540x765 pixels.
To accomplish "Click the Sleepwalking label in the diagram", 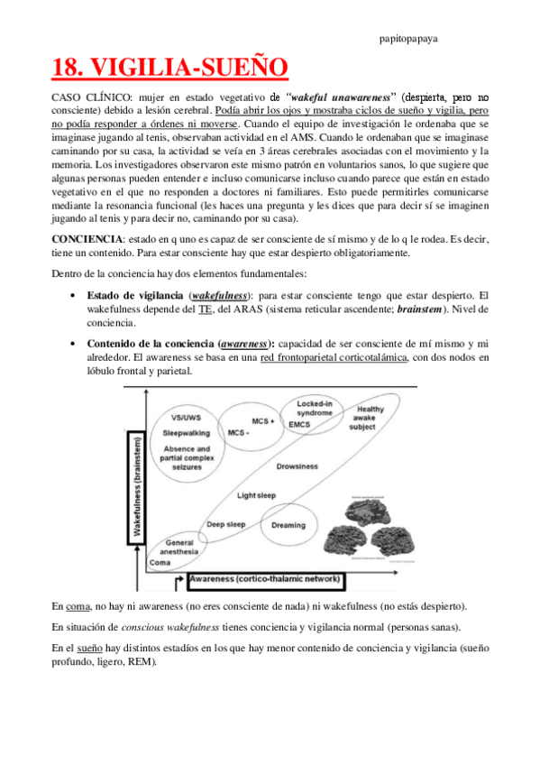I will [x=187, y=433].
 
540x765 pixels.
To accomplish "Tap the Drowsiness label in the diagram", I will [x=297, y=466].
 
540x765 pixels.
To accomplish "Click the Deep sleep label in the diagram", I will [x=225, y=524].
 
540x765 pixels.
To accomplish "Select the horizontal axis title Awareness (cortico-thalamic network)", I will [x=263, y=577].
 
